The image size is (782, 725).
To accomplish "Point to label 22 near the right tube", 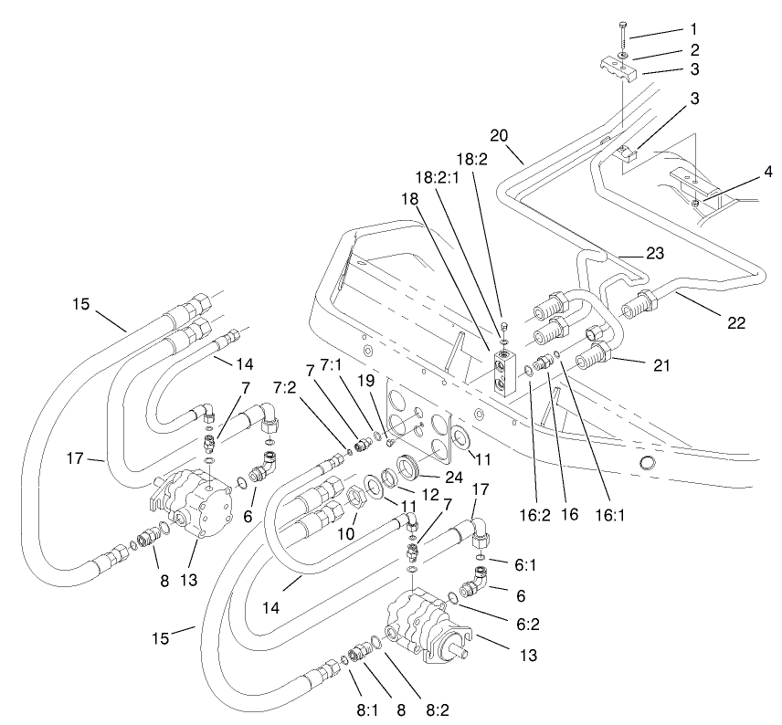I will [736, 321].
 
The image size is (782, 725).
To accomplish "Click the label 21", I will [660, 366].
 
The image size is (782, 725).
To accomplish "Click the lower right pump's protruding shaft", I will [453, 653].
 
